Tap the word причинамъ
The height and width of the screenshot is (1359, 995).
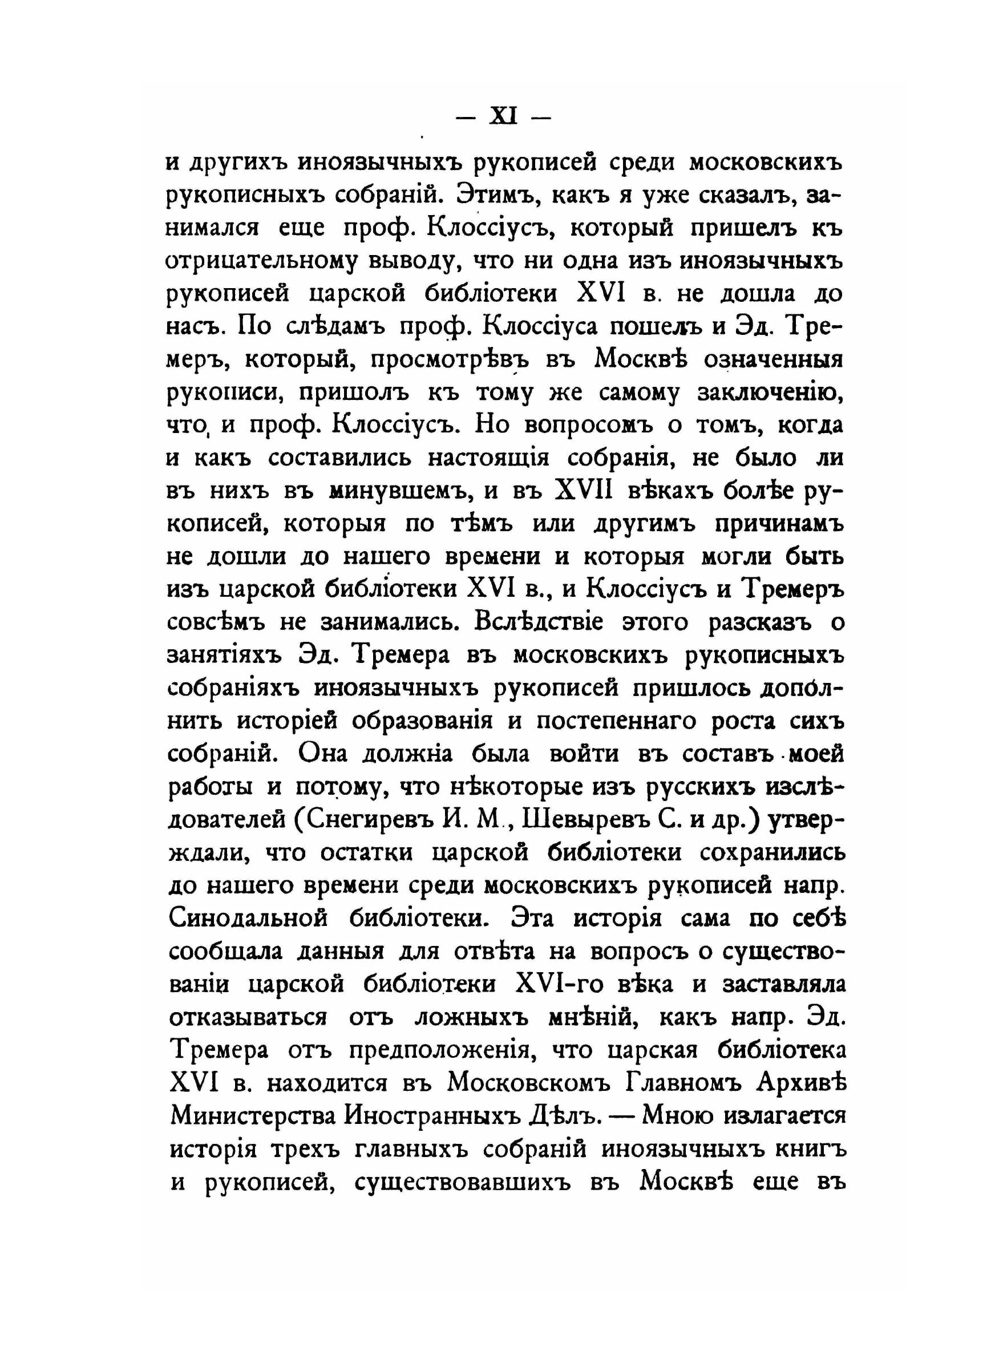tap(778, 524)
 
